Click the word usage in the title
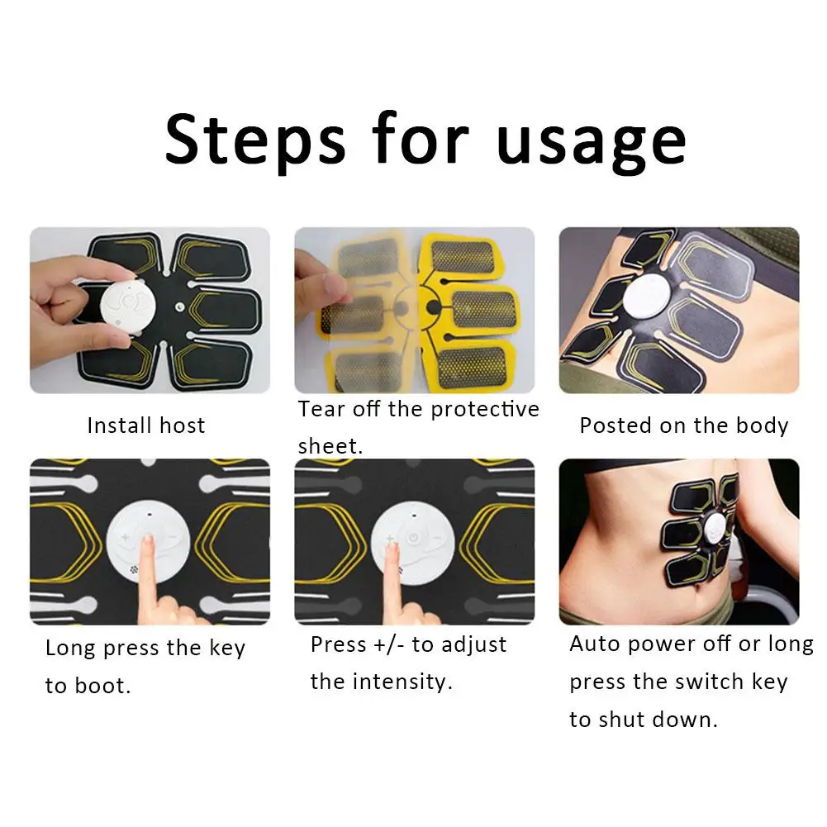(592, 143)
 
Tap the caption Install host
(146, 425)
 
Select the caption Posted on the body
(683, 426)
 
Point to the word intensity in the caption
(402, 682)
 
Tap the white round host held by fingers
(129, 307)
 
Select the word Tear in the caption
(321, 409)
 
